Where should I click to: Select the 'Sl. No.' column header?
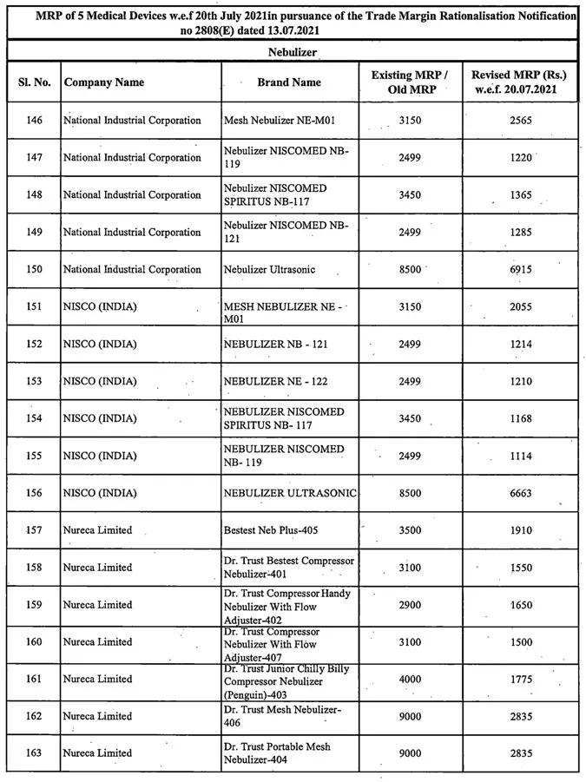(x=33, y=82)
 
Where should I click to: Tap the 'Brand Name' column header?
(x=289, y=82)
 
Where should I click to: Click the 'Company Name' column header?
(x=104, y=82)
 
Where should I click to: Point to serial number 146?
(x=33, y=121)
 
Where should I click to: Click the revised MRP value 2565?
(x=521, y=121)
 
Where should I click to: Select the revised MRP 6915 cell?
(x=521, y=270)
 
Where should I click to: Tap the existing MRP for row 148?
(x=409, y=195)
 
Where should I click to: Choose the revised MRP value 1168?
(x=521, y=419)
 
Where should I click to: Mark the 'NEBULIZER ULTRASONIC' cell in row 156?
(x=290, y=494)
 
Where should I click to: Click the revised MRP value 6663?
(x=521, y=494)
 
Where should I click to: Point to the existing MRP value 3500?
(x=409, y=529)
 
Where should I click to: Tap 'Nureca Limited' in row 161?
(x=98, y=679)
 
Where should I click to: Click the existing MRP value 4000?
(x=409, y=679)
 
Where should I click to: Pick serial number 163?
(x=33, y=753)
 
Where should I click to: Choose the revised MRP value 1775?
(x=521, y=679)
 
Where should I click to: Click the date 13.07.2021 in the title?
(x=217, y=30)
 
